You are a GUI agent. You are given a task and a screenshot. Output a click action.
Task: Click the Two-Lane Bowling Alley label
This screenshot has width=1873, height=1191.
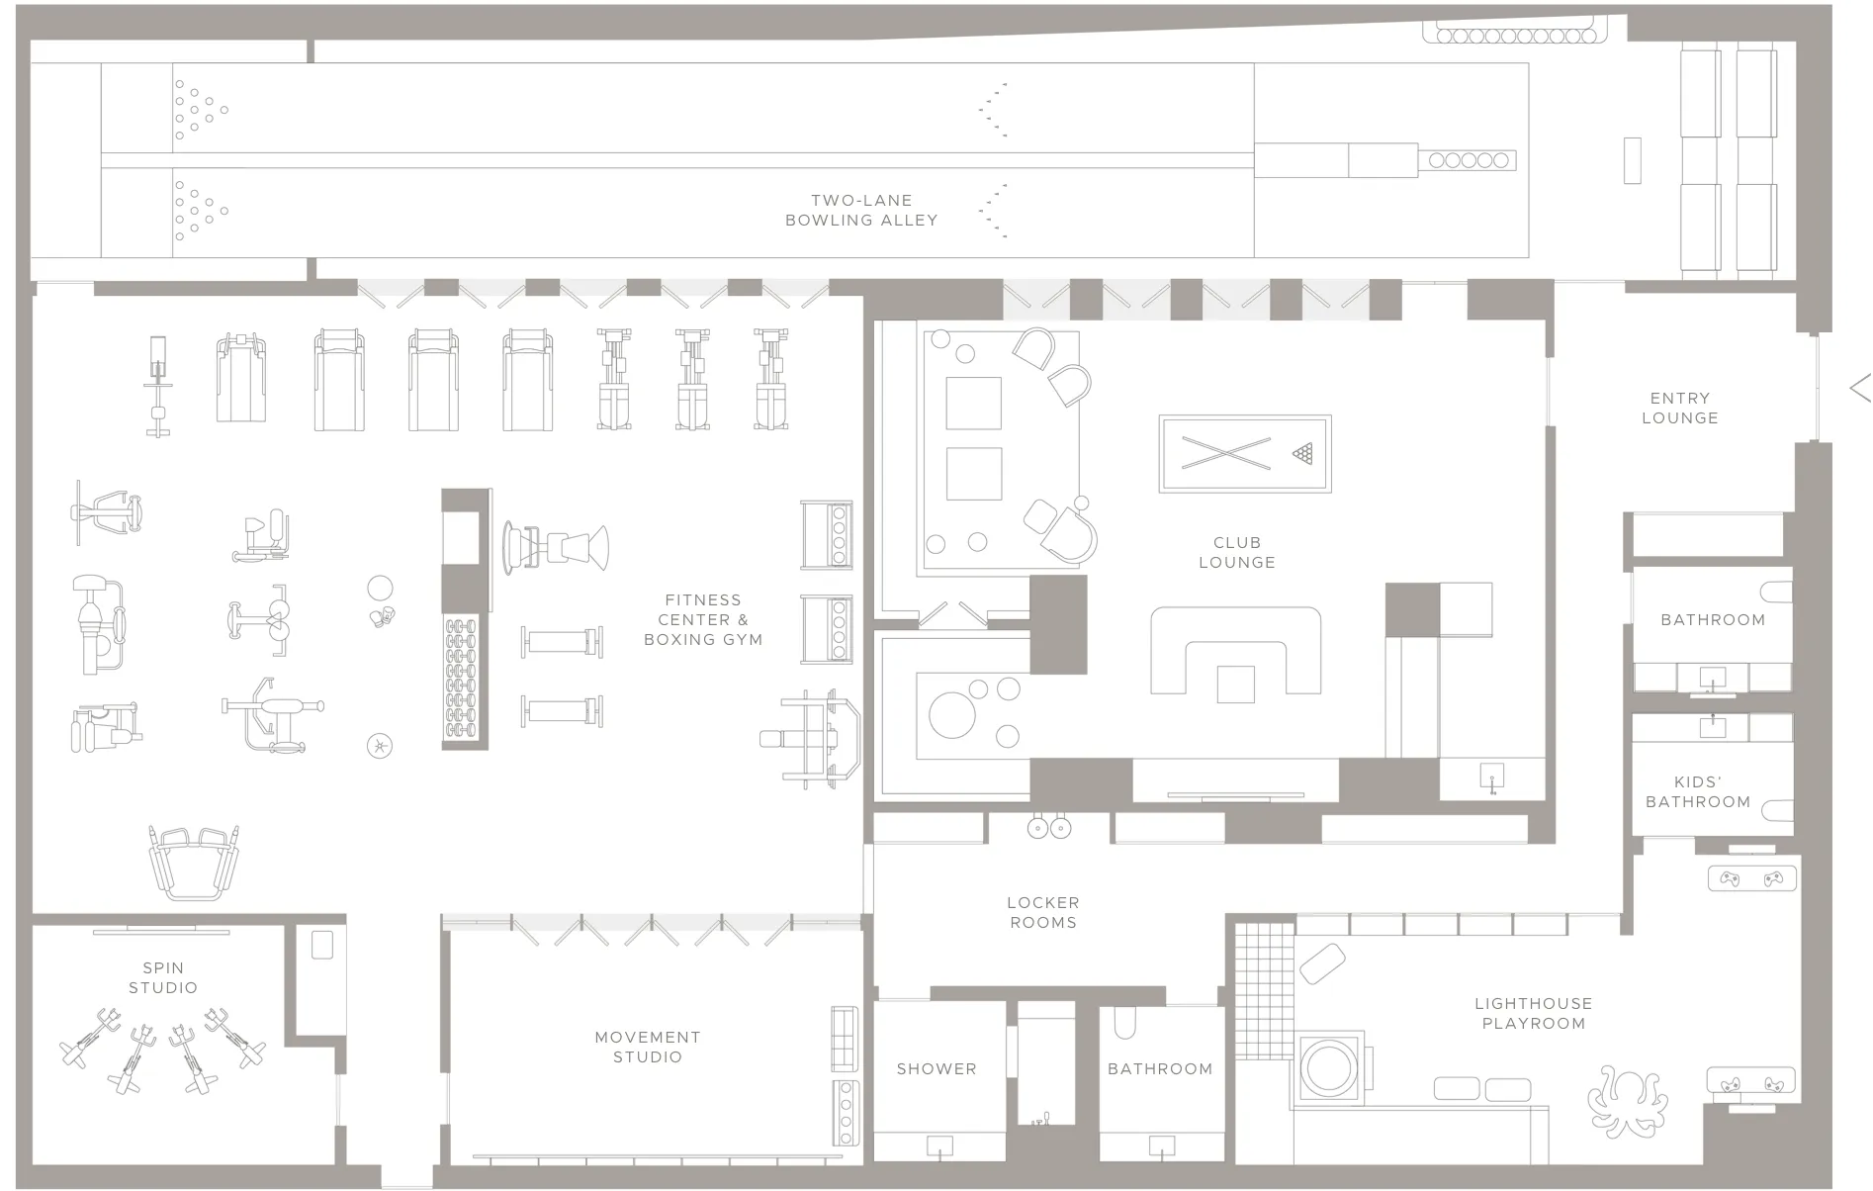tap(861, 210)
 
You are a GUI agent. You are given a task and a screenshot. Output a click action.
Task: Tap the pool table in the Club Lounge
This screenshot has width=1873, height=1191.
tap(1244, 454)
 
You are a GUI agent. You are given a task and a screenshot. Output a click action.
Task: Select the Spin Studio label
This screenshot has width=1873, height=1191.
tap(163, 977)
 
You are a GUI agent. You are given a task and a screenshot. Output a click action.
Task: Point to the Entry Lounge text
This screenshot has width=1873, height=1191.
tap(1679, 408)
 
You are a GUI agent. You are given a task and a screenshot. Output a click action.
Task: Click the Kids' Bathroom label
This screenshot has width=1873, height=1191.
tap(1697, 791)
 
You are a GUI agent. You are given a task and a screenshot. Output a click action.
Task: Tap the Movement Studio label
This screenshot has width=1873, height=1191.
tap(648, 1047)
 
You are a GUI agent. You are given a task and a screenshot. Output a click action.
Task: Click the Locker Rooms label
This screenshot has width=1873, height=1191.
tap(1042, 912)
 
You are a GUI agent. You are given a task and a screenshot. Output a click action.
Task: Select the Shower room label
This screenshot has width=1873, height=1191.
tap(936, 1068)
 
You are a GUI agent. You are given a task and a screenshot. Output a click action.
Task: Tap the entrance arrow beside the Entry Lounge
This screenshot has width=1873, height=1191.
tap(1859, 387)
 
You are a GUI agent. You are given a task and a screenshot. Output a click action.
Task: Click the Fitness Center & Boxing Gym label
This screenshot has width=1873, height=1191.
tap(703, 619)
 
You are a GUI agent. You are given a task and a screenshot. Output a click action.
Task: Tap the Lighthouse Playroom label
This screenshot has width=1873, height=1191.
tap(1533, 1013)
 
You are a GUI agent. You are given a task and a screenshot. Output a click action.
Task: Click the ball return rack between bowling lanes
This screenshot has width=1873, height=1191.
tap(1468, 160)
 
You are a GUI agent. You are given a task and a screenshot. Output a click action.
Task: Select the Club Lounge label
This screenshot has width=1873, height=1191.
tap(1236, 552)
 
